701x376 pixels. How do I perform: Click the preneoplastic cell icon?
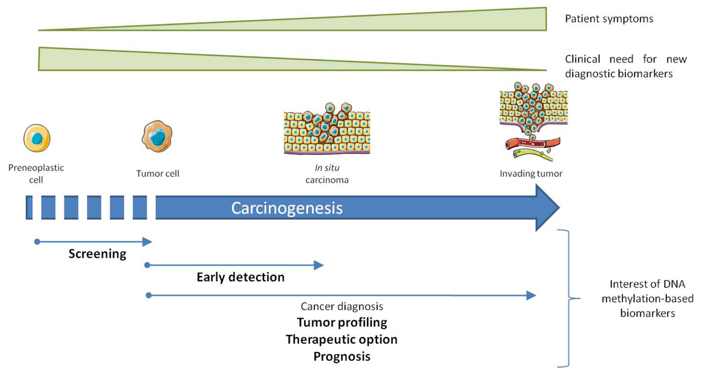36,138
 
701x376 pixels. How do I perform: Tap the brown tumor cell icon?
157,136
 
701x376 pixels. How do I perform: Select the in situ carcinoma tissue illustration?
327,131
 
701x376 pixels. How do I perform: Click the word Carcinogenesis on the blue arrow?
286,208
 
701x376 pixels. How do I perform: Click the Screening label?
97,254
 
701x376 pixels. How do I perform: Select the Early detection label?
240,277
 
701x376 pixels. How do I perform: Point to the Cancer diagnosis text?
342,307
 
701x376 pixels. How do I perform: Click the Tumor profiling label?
342,323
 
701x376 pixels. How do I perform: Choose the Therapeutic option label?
342,340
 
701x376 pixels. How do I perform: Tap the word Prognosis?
342,357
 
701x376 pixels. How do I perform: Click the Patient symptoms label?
609,19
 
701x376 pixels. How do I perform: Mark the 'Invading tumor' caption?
531,174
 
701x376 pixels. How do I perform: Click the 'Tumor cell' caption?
157,174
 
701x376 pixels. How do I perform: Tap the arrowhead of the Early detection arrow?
318,265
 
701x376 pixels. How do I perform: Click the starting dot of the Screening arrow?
37,241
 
